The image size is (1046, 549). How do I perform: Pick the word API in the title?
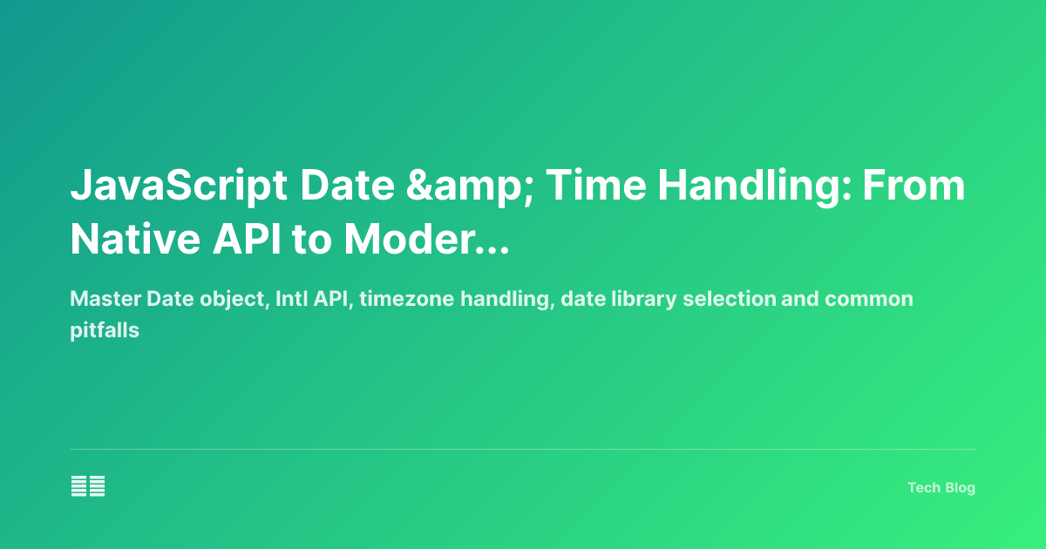[x=253, y=240]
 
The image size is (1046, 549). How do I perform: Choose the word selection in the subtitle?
[x=730, y=300]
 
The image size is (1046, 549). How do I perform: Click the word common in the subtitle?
[x=869, y=300]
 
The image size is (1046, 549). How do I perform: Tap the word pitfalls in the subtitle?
[x=105, y=331]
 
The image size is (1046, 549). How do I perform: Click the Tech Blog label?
[x=941, y=488]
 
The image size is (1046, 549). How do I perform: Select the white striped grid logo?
[x=88, y=486]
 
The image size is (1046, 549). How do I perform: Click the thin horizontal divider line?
[x=523, y=450]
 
